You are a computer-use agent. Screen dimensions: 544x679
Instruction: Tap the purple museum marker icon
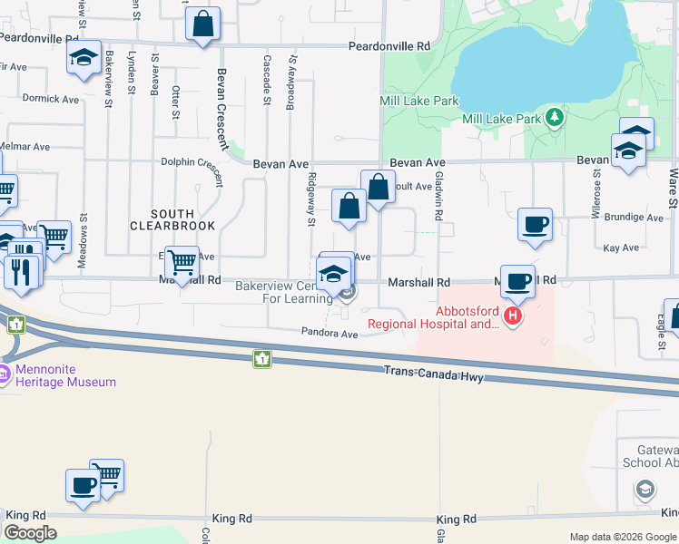click(4, 374)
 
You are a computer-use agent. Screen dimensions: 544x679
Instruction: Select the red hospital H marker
click(513, 316)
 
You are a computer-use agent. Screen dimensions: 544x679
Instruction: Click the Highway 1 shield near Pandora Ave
click(261, 359)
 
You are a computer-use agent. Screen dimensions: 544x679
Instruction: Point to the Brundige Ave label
click(635, 218)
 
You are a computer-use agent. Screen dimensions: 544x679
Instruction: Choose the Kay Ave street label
click(622, 247)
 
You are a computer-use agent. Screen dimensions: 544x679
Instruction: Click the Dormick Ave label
click(51, 99)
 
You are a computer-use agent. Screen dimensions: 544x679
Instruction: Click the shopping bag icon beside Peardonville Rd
click(203, 24)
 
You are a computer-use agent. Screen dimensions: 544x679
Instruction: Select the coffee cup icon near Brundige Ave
click(536, 224)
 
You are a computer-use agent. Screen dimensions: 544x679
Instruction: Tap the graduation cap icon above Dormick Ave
click(84, 59)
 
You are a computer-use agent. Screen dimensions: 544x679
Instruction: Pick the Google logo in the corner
click(31, 533)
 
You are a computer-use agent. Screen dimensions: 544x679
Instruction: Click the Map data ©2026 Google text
click(622, 537)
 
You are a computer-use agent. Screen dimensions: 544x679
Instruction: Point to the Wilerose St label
click(596, 185)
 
